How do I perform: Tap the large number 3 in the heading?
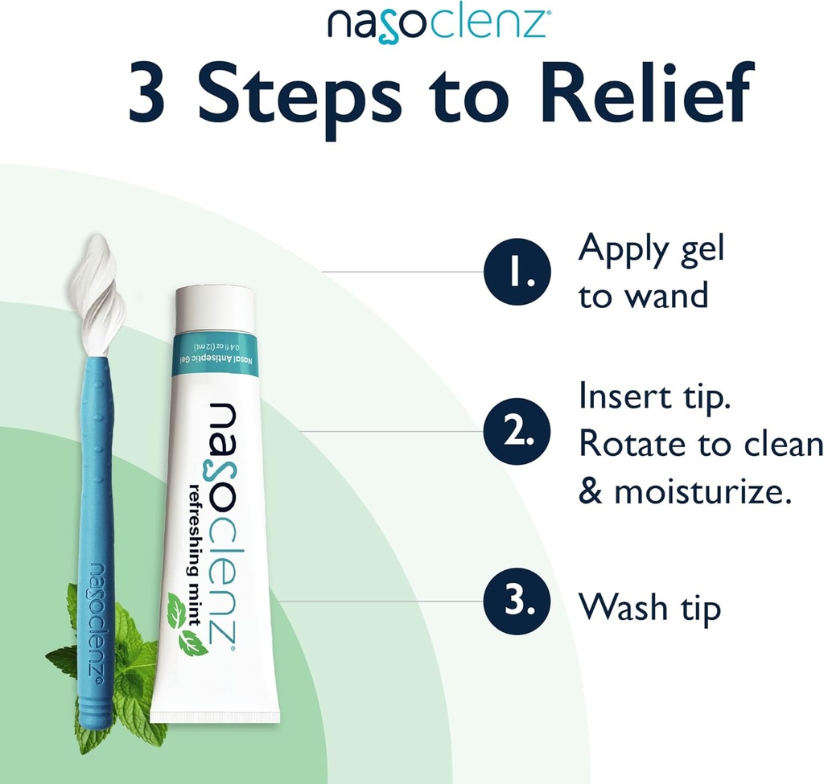pyautogui.click(x=161, y=95)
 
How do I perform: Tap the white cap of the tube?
pyautogui.click(x=215, y=306)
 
